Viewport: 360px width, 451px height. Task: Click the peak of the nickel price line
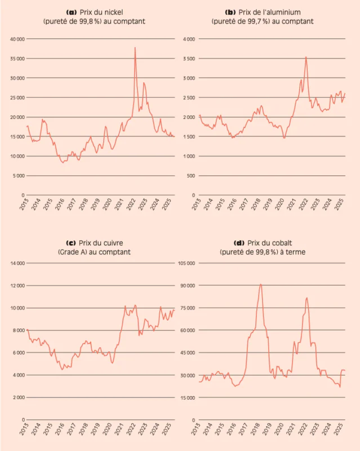tap(135, 48)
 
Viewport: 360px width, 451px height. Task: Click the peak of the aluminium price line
tap(306, 57)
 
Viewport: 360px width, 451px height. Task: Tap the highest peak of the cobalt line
tap(261, 284)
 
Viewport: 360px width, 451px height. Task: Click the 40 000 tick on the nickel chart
tap(16, 39)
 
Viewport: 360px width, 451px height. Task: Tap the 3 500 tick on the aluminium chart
tap(189, 59)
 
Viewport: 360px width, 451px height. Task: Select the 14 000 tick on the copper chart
tap(16, 263)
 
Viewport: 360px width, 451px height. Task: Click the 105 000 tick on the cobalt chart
tap(186, 263)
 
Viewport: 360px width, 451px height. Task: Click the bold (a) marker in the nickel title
tap(72, 12)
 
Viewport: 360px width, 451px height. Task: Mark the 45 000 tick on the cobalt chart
tap(188, 353)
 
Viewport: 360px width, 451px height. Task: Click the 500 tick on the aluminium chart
tap(192, 176)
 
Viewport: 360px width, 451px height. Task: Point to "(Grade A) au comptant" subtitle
tap(94, 252)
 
